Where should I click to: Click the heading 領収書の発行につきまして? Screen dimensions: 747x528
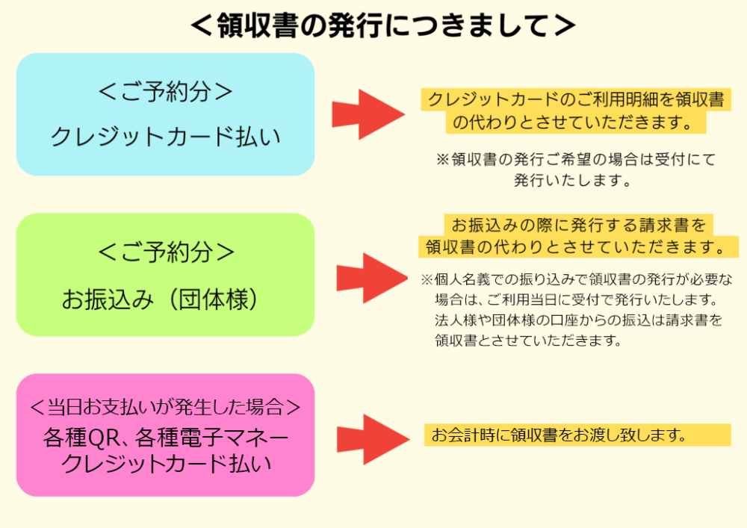coord(383,25)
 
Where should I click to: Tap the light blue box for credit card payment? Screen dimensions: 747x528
coord(165,114)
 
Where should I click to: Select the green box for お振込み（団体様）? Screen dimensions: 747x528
coord(165,275)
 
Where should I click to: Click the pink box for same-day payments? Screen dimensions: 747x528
coord(165,435)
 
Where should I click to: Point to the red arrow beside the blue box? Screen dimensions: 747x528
coord(368,114)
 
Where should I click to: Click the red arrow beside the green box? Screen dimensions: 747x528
coord(372,278)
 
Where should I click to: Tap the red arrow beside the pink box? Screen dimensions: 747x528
coord(373,439)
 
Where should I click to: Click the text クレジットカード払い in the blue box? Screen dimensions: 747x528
coord(165,137)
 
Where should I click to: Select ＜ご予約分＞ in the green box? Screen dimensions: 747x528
coord(166,252)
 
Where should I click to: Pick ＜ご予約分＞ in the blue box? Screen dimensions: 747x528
coord(166,91)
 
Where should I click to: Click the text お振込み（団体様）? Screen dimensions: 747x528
coord(161,299)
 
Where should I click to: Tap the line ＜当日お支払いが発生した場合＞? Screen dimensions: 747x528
coord(165,406)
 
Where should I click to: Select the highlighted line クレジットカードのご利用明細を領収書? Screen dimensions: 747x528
coord(575,99)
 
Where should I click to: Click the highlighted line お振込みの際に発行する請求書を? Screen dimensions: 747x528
coord(578,225)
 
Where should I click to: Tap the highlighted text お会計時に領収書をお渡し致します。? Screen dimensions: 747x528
coord(558,435)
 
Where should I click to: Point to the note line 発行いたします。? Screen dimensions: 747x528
coord(572,181)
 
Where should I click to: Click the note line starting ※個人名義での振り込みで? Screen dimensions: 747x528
coord(577,279)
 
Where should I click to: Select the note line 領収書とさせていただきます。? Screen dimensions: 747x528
coord(528,341)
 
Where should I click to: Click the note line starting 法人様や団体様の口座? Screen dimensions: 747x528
coord(578,320)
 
